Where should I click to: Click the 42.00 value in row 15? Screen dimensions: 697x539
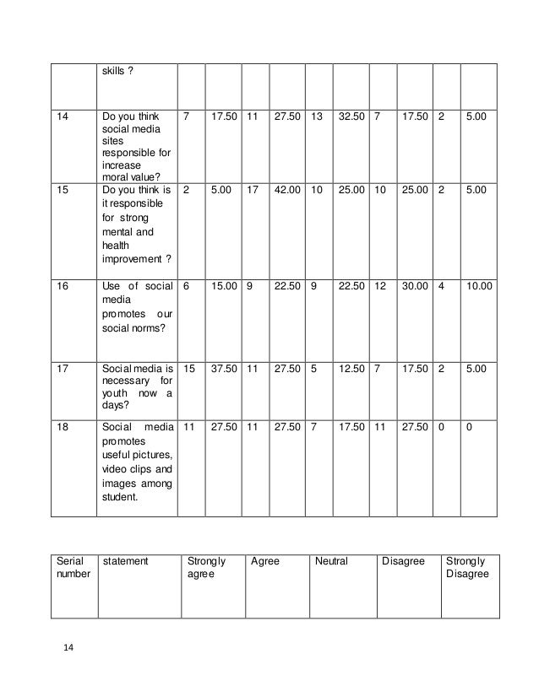pos(287,190)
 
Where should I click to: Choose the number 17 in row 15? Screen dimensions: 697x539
pos(252,190)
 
